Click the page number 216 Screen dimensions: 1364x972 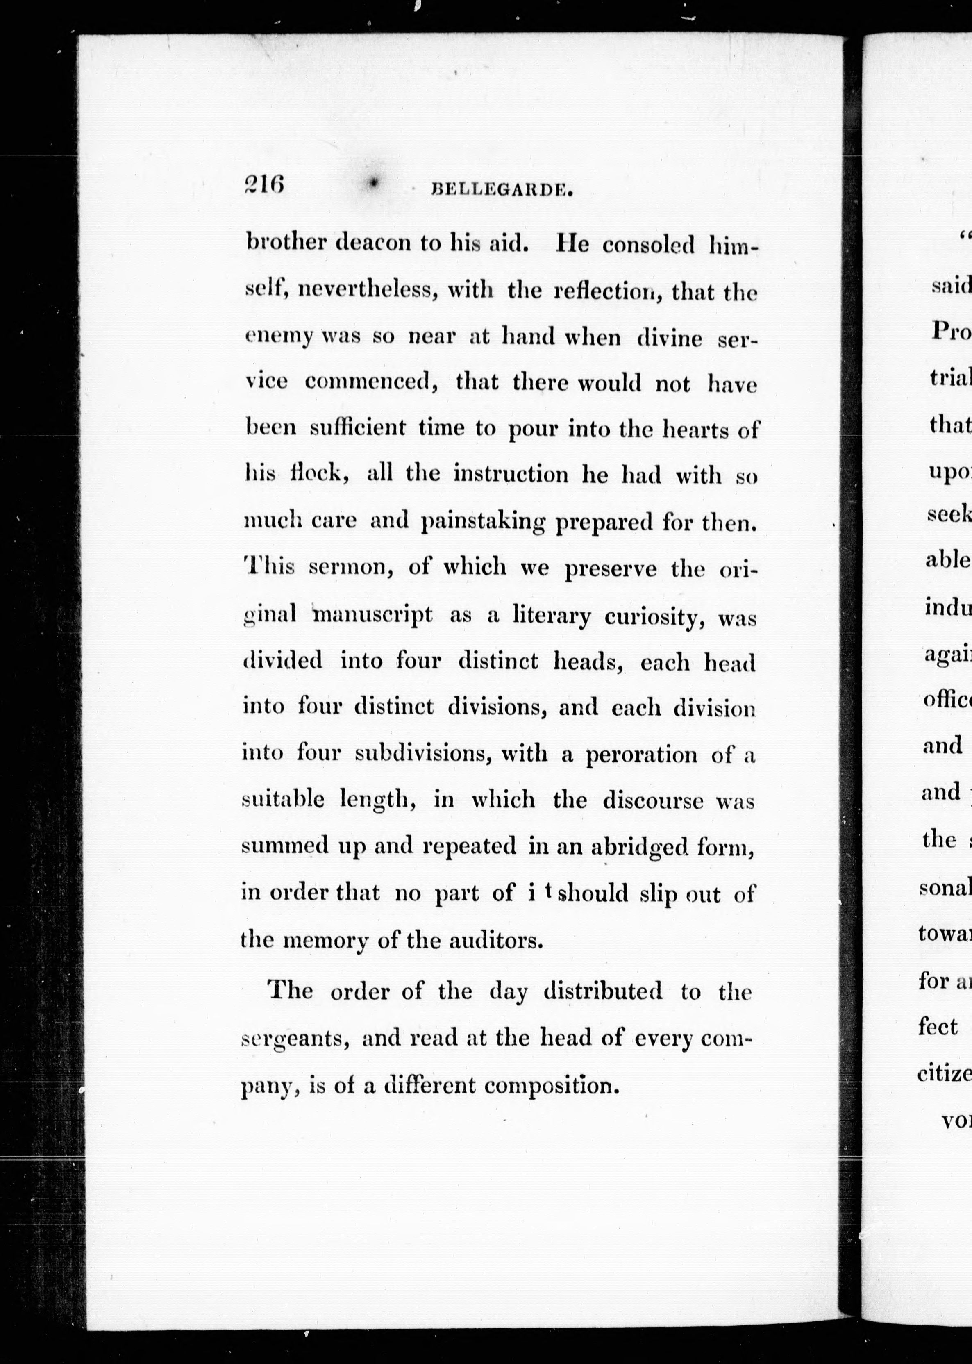(263, 185)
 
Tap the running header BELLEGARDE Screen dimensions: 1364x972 (502, 190)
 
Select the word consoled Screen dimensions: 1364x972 (648, 245)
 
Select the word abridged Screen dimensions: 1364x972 (639, 846)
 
